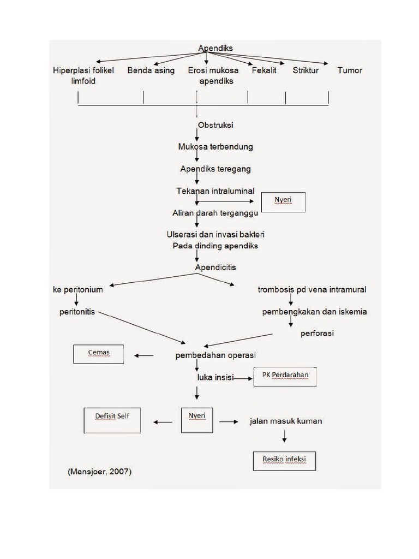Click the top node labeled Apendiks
pyautogui.click(x=215, y=48)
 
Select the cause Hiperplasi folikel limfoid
pyautogui.click(x=83, y=75)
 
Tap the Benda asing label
pyautogui.click(x=151, y=70)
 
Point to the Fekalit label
pyautogui.click(x=264, y=70)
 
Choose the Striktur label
pyautogui.click(x=306, y=70)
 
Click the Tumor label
pyautogui.click(x=350, y=70)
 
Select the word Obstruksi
pyautogui.click(x=216, y=125)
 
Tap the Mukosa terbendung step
pyautogui.click(x=216, y=147)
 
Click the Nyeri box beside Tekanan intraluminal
pyautogui.click(x=283, y=202)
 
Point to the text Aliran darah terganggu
pyautogui.click(x=216, y=213)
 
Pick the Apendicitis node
pyautogui.click(x=216, y=267)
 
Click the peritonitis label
pyautogui.click(x=77, y=312)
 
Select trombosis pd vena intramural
pyautogui.click(x=312, y=289)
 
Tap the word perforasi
pyautogui.click(x=317, y=333)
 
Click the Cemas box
pyautogui.click(x=99, y=354)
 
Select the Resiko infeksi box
pyautogui.click(x=284, y=461)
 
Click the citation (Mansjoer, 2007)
pyautogui.click(x=100, y=472)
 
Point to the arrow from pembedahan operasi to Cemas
pyautogui.click(x=144, y=356)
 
